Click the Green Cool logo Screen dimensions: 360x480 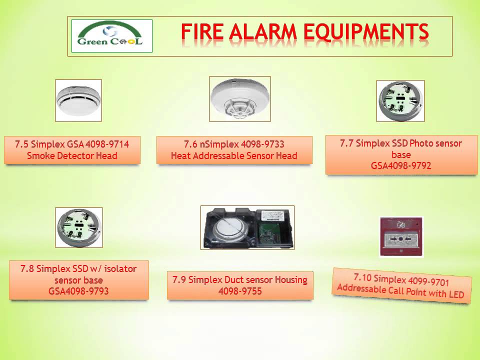[111, 36]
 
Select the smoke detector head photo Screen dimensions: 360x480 [78, 100]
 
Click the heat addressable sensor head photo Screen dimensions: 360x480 [240, 99]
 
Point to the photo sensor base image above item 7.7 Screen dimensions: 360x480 [400, 100]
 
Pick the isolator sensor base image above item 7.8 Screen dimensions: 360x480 [78, 227]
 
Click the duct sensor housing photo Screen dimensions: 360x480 [247, 227]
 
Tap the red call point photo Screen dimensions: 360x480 [401, 236]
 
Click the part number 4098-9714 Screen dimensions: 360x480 [107, 144]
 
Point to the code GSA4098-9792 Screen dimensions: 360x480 [401, 166]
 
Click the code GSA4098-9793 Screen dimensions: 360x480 [78, 291]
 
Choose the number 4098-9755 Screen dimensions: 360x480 [240, 291]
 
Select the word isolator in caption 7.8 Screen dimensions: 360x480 [118, 268]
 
